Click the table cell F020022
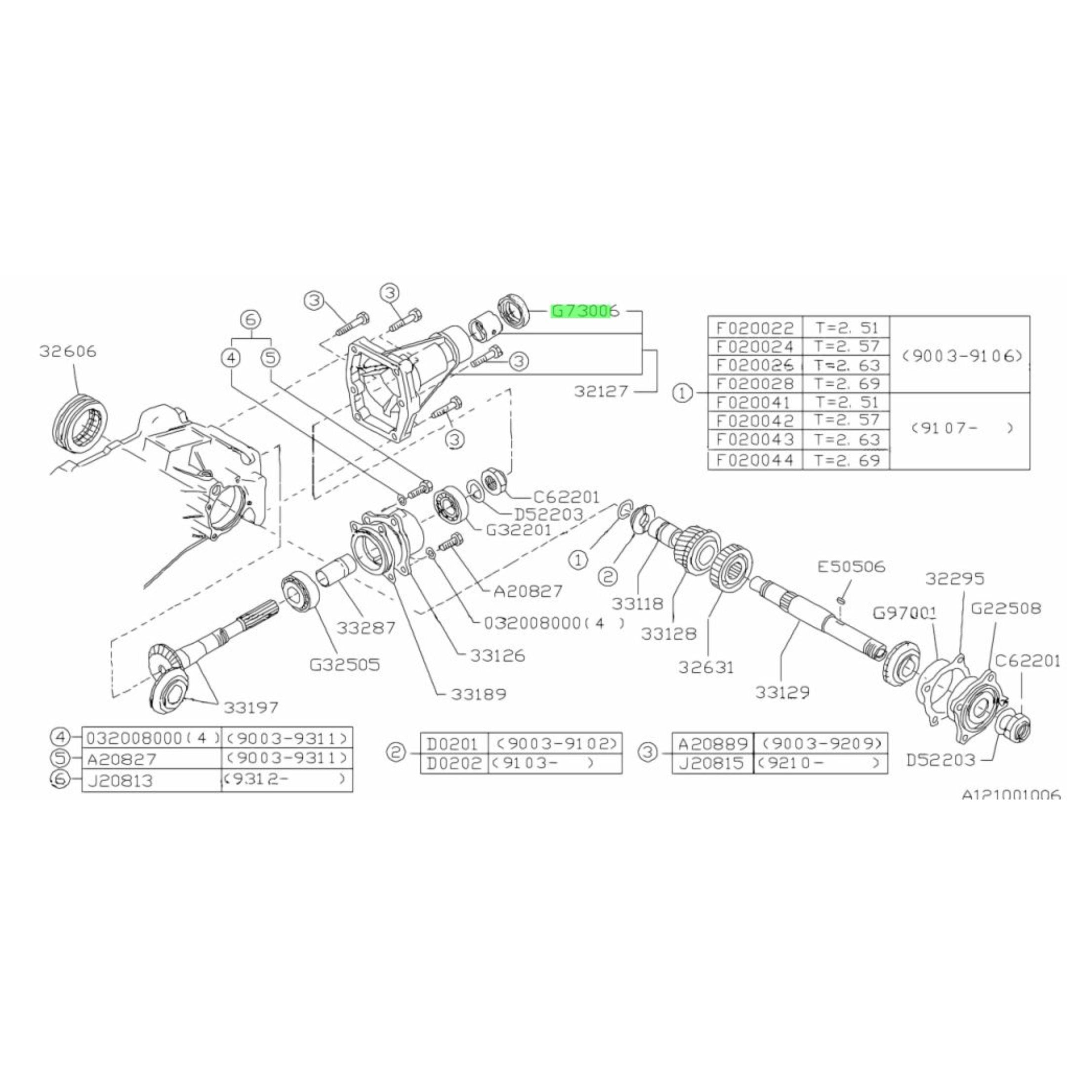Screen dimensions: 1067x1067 tap(754, 328)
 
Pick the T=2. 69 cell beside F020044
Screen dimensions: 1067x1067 tap(847, 459)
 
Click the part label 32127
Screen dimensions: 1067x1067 tap(601, 392)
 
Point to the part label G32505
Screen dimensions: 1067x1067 tap(345, 665)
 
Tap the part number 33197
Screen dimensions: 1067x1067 tap(251, 707)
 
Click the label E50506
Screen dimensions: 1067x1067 tap(851, 567)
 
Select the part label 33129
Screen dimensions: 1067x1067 tap(782, 692)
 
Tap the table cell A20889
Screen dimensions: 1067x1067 tap(712, 743)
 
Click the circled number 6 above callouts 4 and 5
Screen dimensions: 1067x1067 tap(250, 319)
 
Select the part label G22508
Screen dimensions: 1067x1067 tap(1005, 608)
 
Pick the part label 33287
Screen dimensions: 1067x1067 tap(366, 628)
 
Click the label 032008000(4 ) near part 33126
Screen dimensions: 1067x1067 tap(554, 623)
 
